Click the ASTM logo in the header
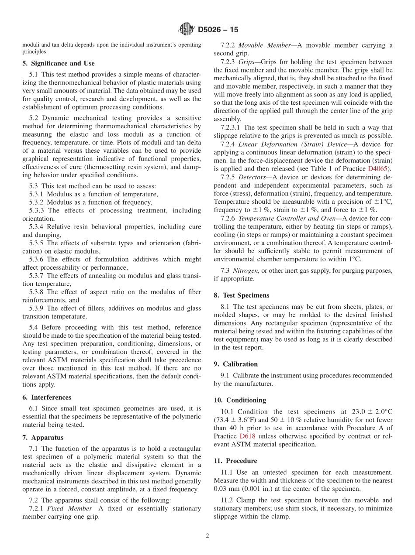click(187, 30)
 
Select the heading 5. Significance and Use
click(59, 63)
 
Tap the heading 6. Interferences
click(47, 397)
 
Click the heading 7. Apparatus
click(43, 438)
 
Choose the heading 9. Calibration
click(236, 364)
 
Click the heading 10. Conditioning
click(240, 400)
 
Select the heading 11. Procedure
click(235, 461)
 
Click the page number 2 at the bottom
click(207, 536)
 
